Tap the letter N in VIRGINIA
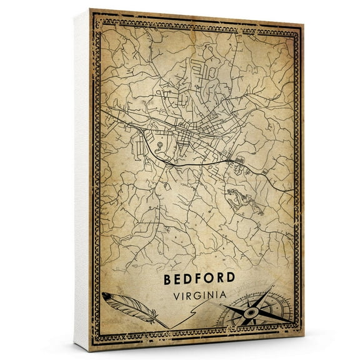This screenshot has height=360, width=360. [x=213, y=293]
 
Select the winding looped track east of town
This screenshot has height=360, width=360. [x=243, y=199]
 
